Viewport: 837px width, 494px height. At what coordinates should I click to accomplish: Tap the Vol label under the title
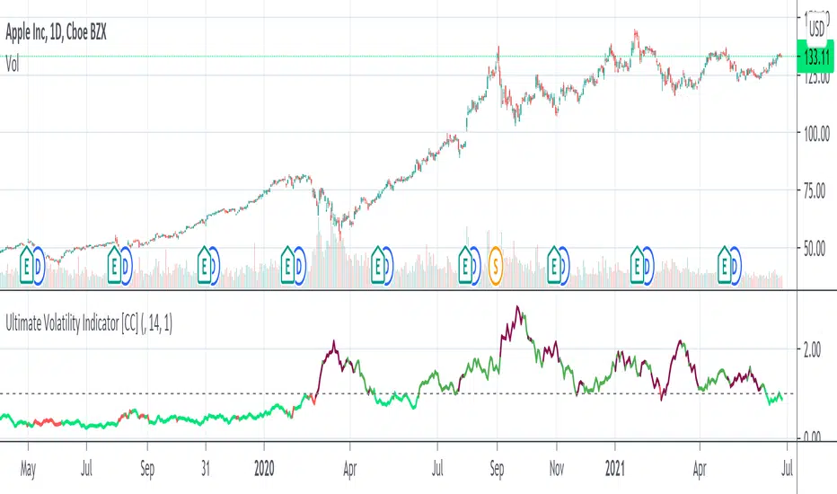[x=14, y=63]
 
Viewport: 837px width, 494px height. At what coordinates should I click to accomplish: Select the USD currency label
[x=816, y=27]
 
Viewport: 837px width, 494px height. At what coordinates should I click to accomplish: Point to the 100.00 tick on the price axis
[x=816, y=133]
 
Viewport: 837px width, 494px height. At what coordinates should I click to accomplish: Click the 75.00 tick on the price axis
[x=816, y=190]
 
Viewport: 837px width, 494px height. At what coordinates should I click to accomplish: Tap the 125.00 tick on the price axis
[x=816, y=77]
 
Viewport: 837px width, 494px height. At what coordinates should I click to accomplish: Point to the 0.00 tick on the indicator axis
[x=813, y=437]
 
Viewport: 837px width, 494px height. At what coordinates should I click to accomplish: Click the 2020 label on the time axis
[x=264, y=467]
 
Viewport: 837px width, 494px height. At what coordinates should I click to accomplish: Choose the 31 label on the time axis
[x=206, y=467]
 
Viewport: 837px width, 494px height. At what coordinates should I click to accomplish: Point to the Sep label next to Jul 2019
[x=147, y=467]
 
